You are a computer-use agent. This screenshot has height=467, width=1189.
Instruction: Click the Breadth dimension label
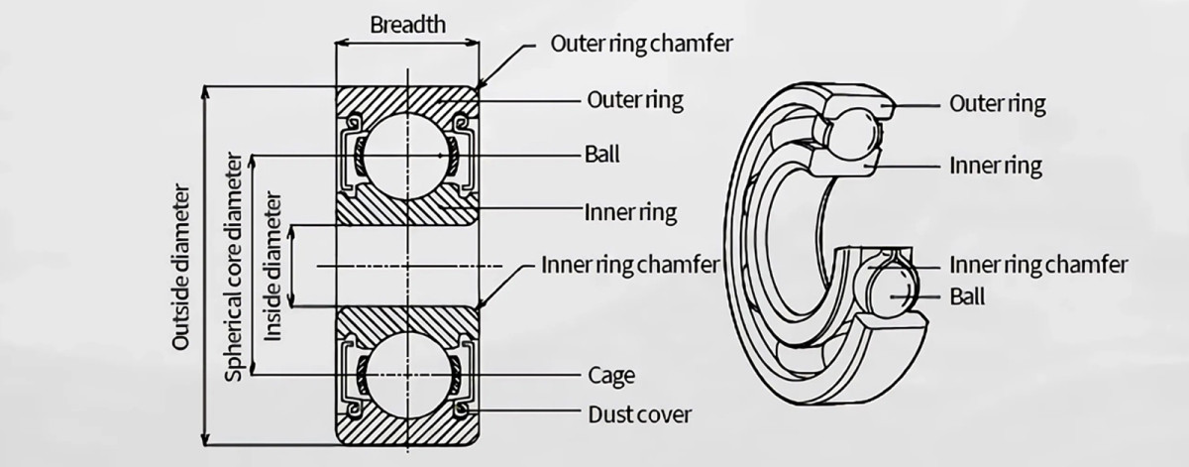pyautogui.click(x=407, y=25)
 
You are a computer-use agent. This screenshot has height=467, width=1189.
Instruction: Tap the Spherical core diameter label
pyautogui.click(x=235, y=267)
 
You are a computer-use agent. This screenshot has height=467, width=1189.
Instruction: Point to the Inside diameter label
pyautogui.click(x=274, y=267)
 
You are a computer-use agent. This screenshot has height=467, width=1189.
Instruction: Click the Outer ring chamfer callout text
pyautogui.click(x=641, y=45)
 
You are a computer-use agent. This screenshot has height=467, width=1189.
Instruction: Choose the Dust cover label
pyautogui.click(x=639, y=413)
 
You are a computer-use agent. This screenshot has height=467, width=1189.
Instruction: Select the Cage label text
pyautogui.click(x=610, y=376)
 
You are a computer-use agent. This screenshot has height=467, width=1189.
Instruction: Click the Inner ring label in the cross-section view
pyautogui.click(x=631, y=212)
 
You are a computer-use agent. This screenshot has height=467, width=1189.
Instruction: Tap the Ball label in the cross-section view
pyautogui.click(x=601, y=155)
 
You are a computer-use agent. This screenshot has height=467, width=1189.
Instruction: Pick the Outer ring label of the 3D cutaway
pyautogui.click(x=997, y=103)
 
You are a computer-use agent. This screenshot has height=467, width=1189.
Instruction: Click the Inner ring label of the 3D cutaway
pyautogui.click(x=996, y=165)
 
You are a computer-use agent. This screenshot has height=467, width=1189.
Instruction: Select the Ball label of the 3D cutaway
pyautogui.click(x=967, y=296)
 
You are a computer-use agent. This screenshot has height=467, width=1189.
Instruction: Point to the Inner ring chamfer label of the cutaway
pyautogui.click(x=1038, y=265)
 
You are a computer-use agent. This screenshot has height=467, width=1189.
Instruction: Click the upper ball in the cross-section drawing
pyautogui.click(x=406, y=155)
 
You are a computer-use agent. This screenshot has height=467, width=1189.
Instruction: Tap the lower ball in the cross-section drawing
pyautogui.click(x=406, y=376)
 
